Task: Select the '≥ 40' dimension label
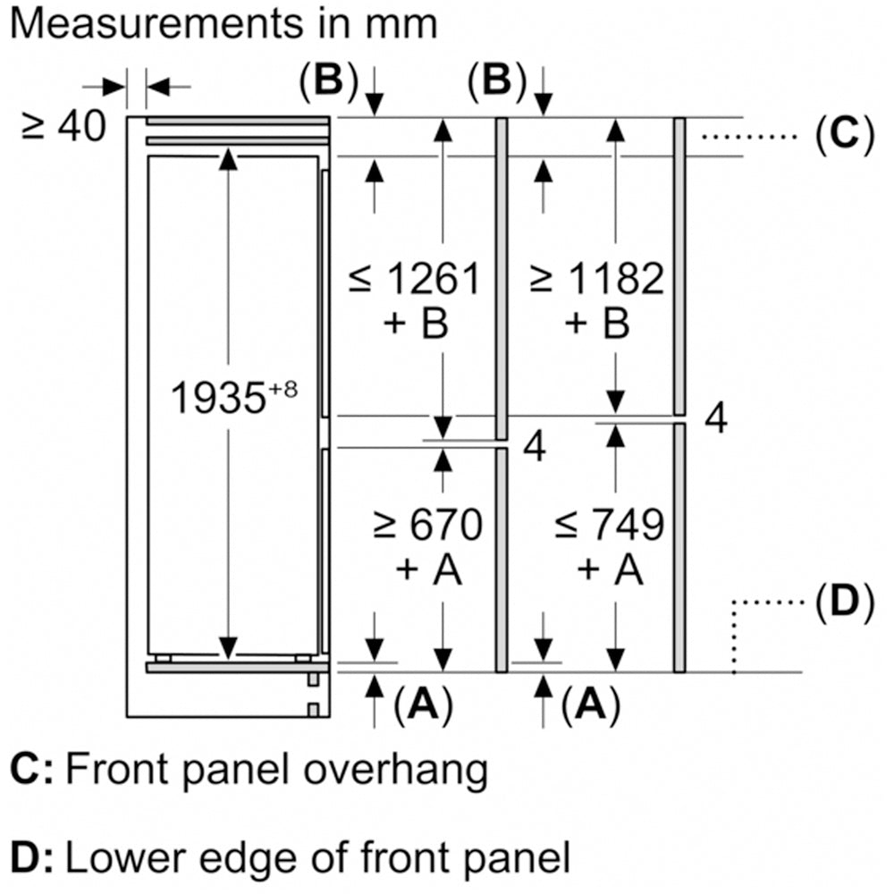pyautogui.click(x=63, y=127)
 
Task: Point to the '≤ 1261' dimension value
pyautogui.click(x=414, y=280)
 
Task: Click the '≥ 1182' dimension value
pyautogui.click(x=596, y=280)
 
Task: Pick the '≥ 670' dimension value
pyautogui.click(x=428, y=525)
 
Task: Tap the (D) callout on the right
pyautogui.click(x=843, y=604)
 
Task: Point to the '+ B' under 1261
pyautogui.click(x=415, y=324)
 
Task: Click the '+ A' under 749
pyautogui.click(x=610, y=569)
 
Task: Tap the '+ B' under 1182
pyautogui.click(x=597, y=324)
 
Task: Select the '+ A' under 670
pyautogui.click(x=428, y=569)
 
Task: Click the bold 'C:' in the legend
pyautogui.click(x=32, y=771)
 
